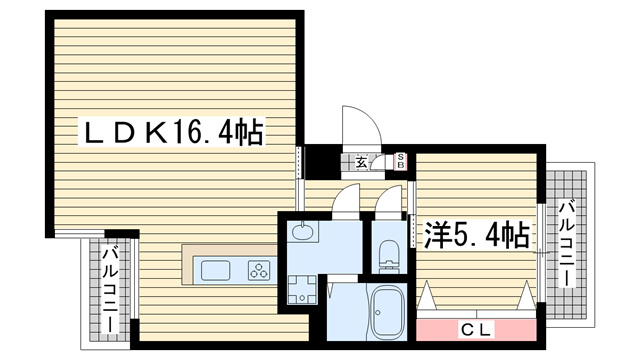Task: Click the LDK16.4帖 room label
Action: tap(172, 131)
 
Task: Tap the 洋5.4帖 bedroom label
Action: tap(477, 235)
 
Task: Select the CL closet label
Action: tap(476, 330)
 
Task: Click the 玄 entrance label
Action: tap(361, 162)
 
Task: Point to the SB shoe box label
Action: tap(400, 161)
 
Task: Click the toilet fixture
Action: tap(388, 256)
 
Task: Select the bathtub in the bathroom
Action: tap(388, 312)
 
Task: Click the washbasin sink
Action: tap(302, 232)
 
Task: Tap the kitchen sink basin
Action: tap(215, 271)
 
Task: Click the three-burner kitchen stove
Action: tap(259, 271)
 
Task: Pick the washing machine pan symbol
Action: tap(302, 289)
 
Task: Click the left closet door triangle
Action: tap(426, 295)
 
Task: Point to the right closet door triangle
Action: tap(527, 295)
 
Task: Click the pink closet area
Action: tap(476, 330)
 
